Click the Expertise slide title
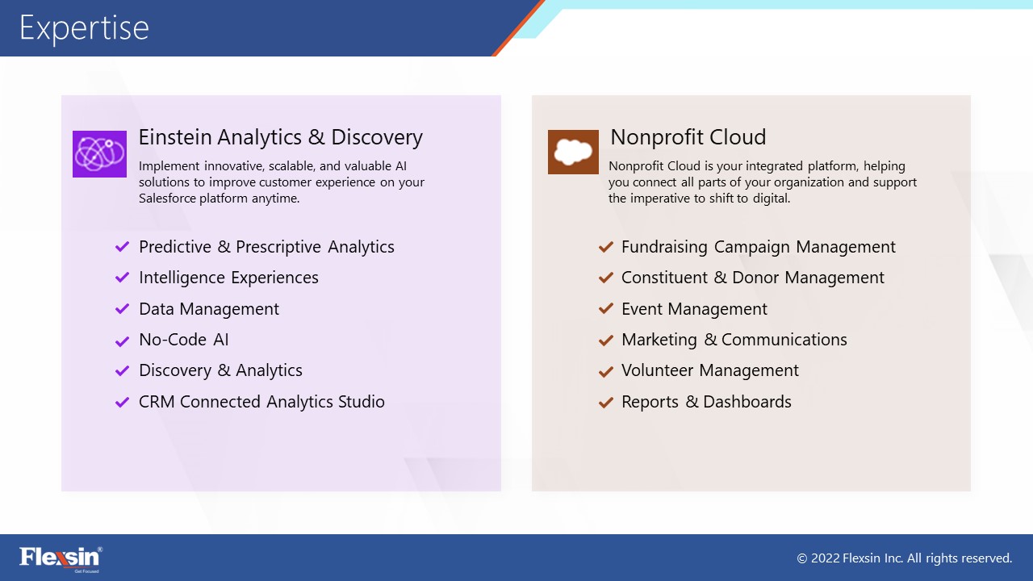(x=84, y=28)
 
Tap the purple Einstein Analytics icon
(x=99, y=154)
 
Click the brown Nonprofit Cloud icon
(x=573, y=153)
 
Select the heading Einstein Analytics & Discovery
(x=280, y=137)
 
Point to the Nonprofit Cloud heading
(x=688, y=137)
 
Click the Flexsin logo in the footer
(x=61, y=559)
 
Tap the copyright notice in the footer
(x=905, y=558)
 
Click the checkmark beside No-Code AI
(x=122, y=341)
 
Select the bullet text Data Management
(x=209, y=309)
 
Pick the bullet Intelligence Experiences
(x=228, y=278)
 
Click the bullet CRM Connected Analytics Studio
(x=261, y=402)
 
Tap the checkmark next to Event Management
(x=605, y=308)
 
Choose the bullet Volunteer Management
(x=710, y=370)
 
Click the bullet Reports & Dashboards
(x=706, y=402)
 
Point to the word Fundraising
(x=664, y=247)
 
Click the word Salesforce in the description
(x=167, y=199)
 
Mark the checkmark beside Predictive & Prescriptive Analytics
(x=122, y=247)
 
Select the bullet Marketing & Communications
(x=734, y=340)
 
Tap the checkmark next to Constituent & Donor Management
(x=605, y=277)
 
